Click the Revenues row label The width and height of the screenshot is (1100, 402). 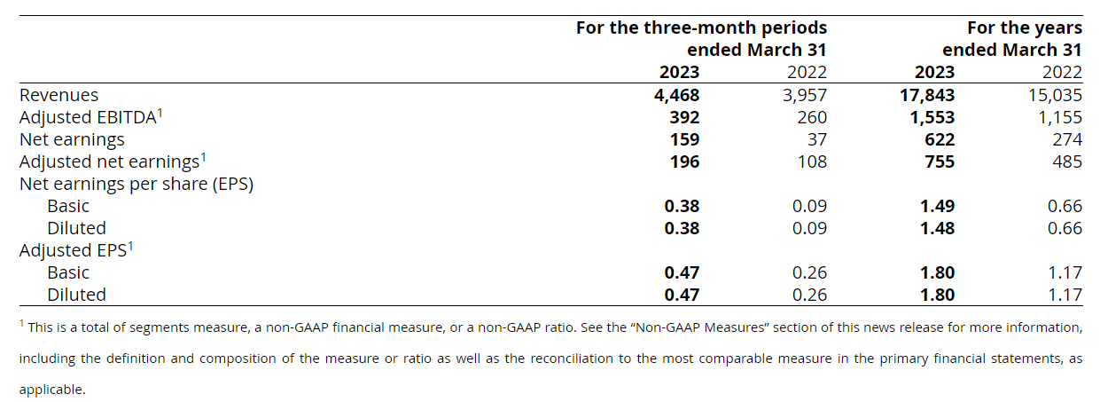pos(59,95)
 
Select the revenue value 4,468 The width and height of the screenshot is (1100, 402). pos(676,95)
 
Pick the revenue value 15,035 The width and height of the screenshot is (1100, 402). pos(1053,95)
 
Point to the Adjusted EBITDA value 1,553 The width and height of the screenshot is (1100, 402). pos(932,117)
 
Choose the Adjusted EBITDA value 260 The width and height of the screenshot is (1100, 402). pos(812,117)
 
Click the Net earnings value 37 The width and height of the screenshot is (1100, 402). pos(816,139)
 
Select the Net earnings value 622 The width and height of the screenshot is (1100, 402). pos(940,139)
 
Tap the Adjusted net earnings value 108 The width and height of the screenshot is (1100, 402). pos(812,162)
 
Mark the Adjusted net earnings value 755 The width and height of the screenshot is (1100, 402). pos(940,162)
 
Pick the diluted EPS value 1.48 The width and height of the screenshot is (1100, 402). pos(937,228)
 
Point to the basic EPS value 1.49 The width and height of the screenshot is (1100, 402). pos(937,206)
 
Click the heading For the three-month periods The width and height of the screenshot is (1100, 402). pos(701,28)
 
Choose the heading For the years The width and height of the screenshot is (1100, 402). pos(1024,28)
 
